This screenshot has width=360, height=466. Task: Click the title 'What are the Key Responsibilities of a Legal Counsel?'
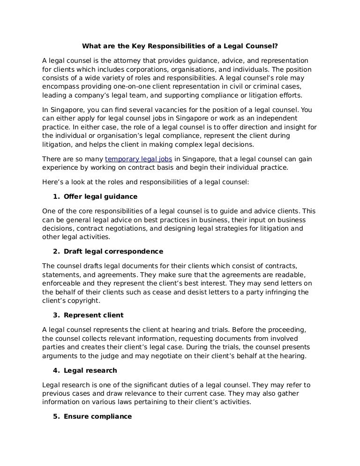(x=180, y=46)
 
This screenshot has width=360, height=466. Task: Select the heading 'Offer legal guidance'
(x=100, y=196)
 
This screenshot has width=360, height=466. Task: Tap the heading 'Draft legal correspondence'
(x=113, y=251)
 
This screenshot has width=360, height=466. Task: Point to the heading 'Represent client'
(x=93, y=315)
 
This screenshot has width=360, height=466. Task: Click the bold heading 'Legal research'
(x=90, y=370)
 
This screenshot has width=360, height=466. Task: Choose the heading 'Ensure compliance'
(x=97, y=416)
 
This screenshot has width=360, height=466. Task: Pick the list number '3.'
(x=56, y=315)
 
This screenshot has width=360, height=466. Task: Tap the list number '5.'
(x=56, y=416)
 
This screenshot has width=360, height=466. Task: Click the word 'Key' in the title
(x=135, y=46)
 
